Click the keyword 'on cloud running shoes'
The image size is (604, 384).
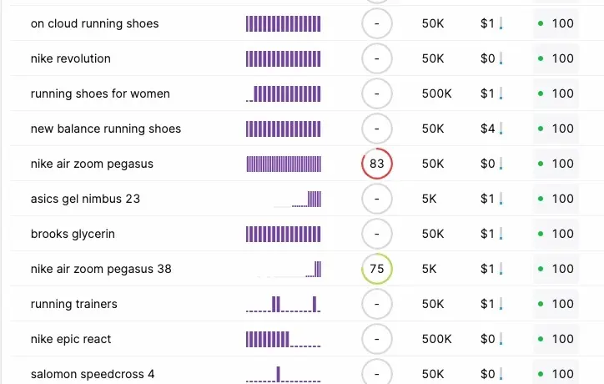(x=94, y=23)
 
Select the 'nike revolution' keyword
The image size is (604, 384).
(x=70, y=58)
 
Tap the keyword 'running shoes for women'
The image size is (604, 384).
(x=100, y=93)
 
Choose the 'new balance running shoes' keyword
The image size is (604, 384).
(x=106, y=129)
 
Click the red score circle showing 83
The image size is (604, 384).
(x=377, y=164)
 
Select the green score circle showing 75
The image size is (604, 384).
(x=377, y=269)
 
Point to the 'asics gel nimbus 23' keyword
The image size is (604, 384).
(x=88, y=199)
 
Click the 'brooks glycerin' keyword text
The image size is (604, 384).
(x=73, y=234)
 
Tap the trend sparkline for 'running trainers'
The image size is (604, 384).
(x=283, y=304)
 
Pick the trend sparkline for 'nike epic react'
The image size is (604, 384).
(x=283, y=339)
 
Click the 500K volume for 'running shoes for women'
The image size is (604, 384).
(x=436, y=93)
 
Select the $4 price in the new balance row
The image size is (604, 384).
(x=488, y=129)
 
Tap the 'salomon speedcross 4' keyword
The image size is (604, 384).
(x=93, y=374)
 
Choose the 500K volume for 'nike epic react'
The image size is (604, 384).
(x=436, y=339)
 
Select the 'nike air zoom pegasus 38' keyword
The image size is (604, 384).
(x=101, y=269)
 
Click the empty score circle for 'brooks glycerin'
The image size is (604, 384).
(x=377, y=234)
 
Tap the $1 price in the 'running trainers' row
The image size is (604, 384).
(x=488, y=304)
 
